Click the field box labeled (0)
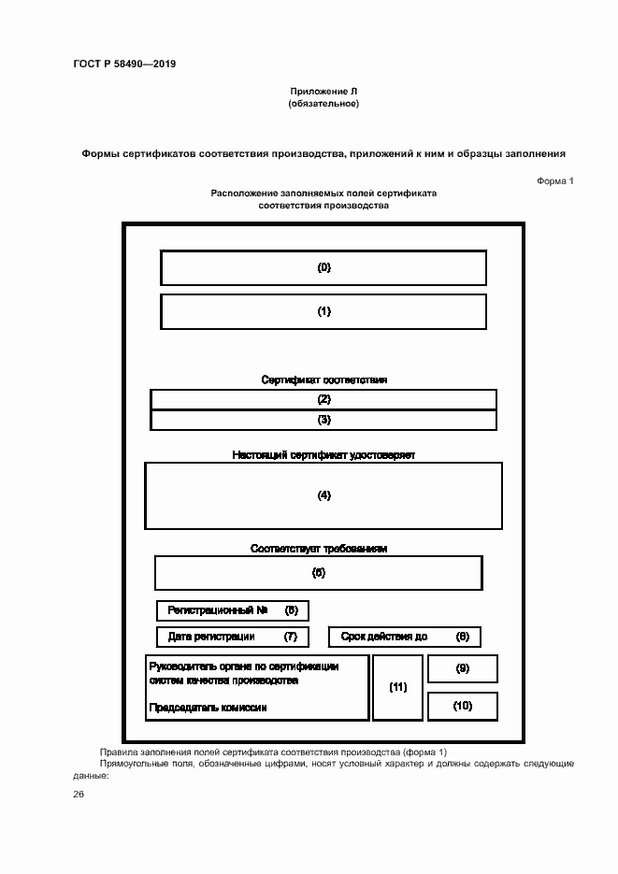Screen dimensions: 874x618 [323, 267]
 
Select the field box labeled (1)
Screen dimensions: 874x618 [323, 311]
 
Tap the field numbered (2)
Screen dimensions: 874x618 [323, 399]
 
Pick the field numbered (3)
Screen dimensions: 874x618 [323, 420]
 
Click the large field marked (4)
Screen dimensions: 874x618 [323, 495]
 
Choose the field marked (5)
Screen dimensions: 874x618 [318, 572]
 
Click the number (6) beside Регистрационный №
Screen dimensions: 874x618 [291, 610]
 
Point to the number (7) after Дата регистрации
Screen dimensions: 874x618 [291, 637]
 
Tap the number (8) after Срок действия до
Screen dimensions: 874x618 [462, 637]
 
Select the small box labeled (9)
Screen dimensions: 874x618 [462, 668]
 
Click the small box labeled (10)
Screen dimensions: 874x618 [462, 706]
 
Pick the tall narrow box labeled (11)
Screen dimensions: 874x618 [397, 687]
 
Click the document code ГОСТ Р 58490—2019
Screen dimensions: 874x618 [124, 64]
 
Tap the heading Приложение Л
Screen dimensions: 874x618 [323, 91]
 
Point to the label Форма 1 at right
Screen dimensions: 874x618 [554, 180]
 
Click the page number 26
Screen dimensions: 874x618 [79, 794]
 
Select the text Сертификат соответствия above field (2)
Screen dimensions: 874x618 [323, 380]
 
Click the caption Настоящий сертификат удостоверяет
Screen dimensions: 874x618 [323, 455]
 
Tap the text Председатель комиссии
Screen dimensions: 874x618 [208, 708]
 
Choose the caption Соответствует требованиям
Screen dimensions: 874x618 [318, 549]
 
